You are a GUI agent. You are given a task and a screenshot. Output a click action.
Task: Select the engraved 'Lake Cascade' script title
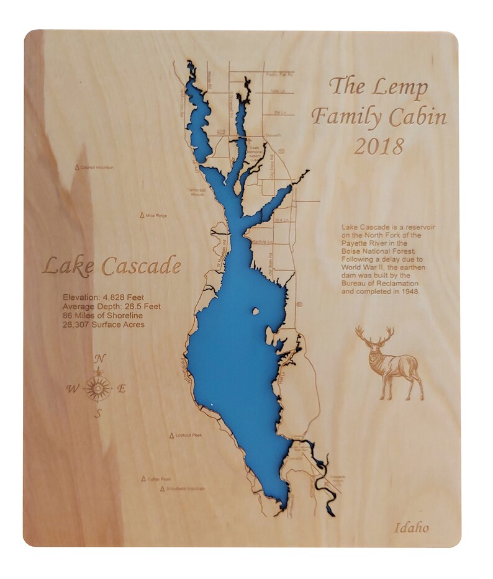click(x=112, y=266)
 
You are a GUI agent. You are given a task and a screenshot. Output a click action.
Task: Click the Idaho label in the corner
click(x=411, y=528)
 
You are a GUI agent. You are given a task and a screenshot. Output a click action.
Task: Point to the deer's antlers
click(x=375, y=336)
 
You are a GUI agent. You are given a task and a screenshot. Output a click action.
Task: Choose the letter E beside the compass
click(x=122, y=389)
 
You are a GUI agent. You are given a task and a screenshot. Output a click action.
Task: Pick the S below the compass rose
click(x=97, y=415)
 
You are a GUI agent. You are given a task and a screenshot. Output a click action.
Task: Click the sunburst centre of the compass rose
click(x=97, y=388)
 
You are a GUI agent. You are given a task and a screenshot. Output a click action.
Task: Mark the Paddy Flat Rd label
click(x=279, y=74)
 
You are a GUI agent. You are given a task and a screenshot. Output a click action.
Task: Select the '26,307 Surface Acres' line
click(x=104, y=324)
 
